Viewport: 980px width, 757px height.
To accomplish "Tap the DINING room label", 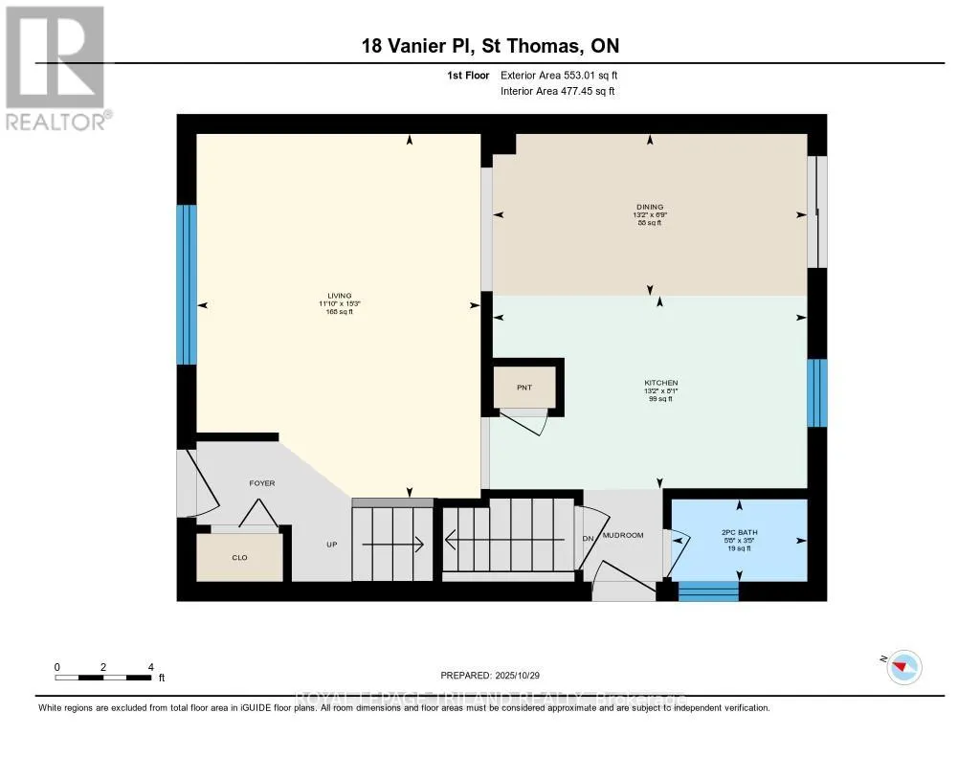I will coord(650,207).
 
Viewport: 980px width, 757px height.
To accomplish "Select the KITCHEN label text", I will coord(660,383).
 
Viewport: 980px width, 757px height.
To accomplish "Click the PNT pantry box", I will coord(523,388).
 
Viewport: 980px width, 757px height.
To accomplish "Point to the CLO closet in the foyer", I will coord(240,557).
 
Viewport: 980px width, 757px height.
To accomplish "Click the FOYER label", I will coord(262,483).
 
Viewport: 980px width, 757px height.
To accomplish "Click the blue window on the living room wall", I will coord(187,285).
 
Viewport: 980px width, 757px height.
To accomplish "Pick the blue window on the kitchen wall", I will coord(816,392).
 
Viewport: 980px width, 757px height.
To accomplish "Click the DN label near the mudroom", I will coord(588,538).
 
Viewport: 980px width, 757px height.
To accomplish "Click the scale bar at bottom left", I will coord(103,677).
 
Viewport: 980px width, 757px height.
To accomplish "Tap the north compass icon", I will coord(903,666).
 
